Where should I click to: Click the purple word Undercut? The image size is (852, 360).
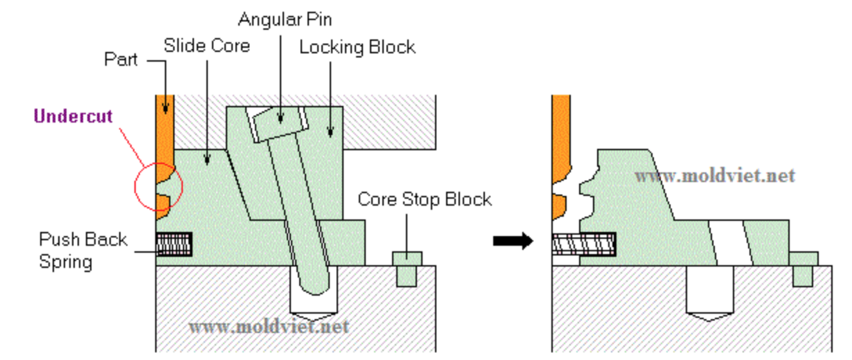[73, 116]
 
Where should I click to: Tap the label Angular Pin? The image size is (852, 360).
[285, 19]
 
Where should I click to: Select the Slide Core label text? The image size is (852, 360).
[206, 46]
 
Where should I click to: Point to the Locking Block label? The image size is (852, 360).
[357, 48]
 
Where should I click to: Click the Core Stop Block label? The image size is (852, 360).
[425, 199]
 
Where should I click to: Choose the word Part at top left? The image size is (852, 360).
[121, 60]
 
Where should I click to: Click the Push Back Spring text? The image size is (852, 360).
[83, 251]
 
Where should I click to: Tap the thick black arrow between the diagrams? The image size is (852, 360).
[513, 241]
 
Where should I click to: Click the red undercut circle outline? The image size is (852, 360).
[134, 187]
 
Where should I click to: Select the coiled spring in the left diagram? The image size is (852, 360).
[174, 244]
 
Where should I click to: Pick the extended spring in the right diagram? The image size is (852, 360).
[584, 244]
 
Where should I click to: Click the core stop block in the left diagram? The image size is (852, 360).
[407, 269]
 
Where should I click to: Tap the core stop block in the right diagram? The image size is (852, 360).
[804, 269]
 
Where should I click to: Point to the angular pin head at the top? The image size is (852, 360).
[281, 124]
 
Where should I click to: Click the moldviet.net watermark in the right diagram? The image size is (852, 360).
[715, 176]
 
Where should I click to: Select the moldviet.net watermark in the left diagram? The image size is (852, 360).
[269, 327]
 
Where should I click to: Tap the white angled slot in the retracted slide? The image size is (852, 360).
[730, 242]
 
